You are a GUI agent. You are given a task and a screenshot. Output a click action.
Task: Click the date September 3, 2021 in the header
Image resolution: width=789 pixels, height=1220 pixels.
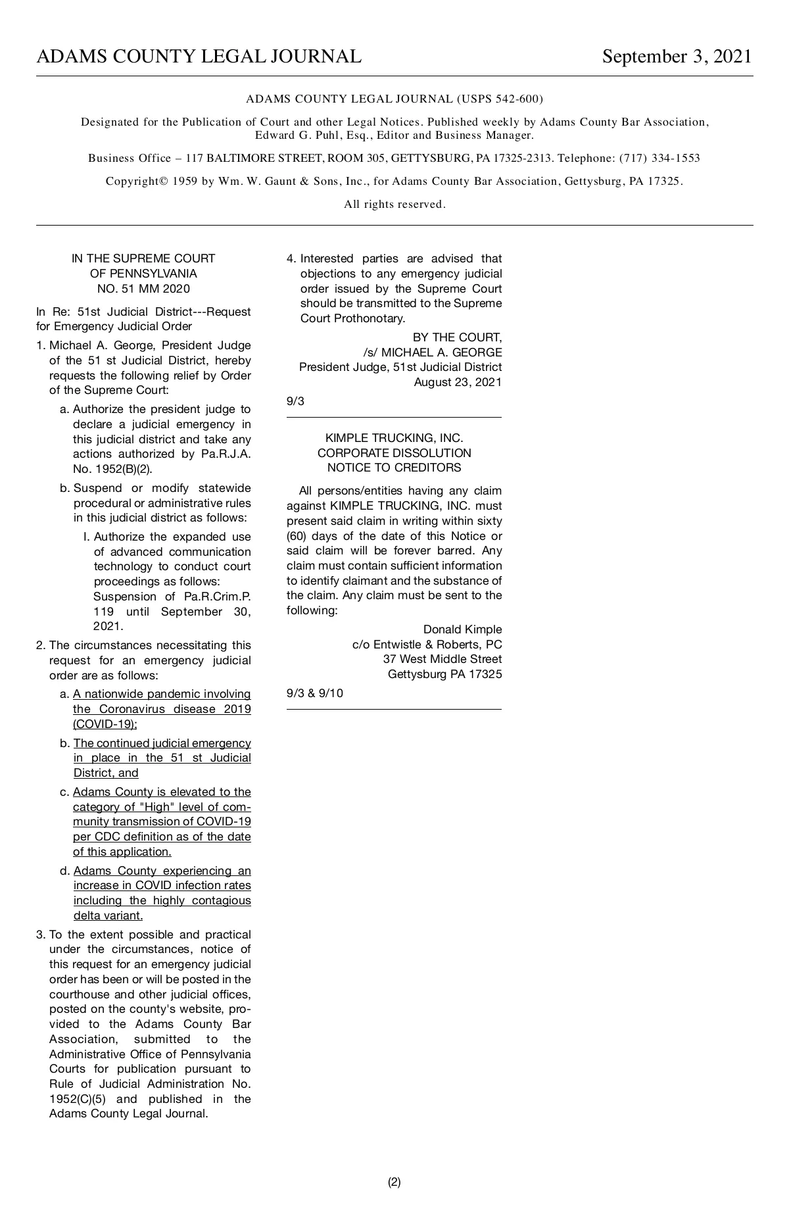click(677, 57)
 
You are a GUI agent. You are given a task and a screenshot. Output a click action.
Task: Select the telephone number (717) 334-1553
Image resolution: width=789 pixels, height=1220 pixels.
click(659, 159)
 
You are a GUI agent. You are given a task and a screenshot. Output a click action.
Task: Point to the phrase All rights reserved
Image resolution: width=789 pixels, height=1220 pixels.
click(394, 205)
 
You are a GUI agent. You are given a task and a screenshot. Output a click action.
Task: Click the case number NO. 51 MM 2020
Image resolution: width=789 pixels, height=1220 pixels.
click(143, 289)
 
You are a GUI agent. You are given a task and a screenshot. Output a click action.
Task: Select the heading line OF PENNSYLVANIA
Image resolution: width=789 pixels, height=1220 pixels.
click(143, 274)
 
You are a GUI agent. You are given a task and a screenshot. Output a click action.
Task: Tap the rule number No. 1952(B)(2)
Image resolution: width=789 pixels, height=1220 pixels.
click(112, 470)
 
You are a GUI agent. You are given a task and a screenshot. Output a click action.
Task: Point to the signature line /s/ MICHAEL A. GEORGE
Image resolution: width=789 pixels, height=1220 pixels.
click(433, 353)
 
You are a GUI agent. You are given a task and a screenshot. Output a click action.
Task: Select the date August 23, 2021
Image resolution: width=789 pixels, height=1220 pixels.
click(458, 382)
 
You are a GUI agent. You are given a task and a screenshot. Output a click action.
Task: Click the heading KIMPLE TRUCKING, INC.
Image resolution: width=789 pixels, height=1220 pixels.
click(394, 438)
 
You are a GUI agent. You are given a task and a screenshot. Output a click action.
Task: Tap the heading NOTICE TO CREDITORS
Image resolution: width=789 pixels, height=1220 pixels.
click(394, 468)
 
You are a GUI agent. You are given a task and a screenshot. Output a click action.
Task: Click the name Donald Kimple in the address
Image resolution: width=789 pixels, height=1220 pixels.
click(462, 629)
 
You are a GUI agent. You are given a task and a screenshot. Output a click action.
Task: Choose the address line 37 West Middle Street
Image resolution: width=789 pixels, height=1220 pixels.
click(442, 659)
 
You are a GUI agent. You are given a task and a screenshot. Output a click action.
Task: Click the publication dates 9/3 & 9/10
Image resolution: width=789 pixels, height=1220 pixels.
click(315, 693)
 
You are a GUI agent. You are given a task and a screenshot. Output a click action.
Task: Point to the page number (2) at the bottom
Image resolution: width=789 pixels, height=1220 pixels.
click(394, 1182)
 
